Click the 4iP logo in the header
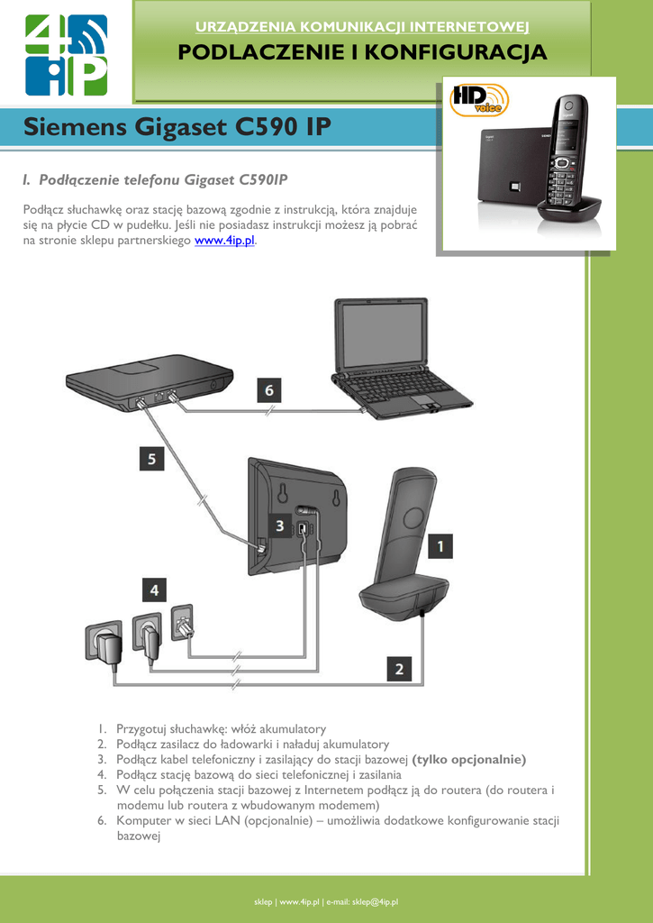(66, 55)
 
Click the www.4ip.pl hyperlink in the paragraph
(225, 242)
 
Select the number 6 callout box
(268, 390)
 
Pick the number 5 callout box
(151, 459)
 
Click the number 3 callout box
(280, 525)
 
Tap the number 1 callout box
(440, 545)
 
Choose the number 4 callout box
(154, 589)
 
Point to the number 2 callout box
(399, 669)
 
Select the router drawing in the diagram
(149, 381)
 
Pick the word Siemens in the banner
(76, 127)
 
